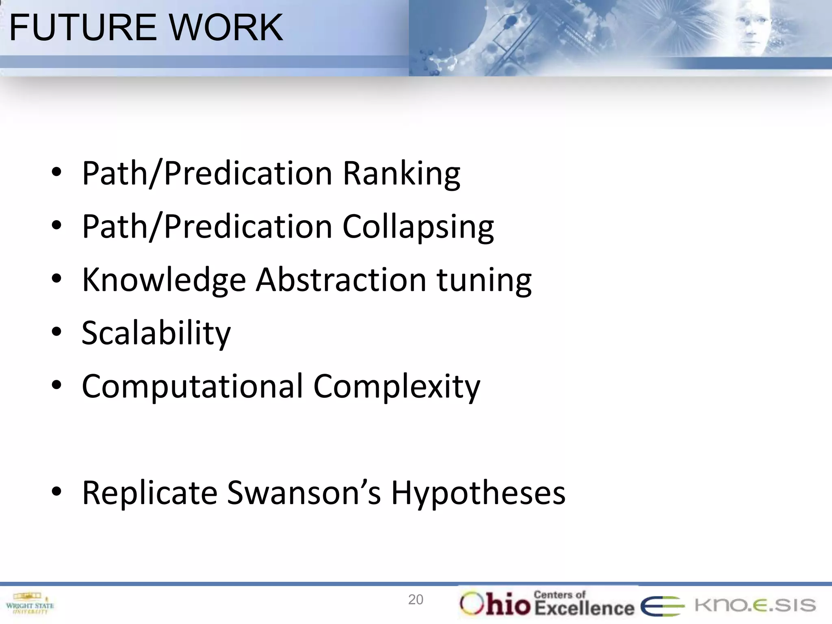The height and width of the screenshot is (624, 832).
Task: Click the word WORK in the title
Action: point(225,28)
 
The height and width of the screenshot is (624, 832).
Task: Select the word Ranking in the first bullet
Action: point(401,174)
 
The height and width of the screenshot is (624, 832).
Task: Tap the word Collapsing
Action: point(418,227)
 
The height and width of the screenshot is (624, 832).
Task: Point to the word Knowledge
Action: point(164,280)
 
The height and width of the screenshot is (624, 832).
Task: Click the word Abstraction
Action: point(341,280)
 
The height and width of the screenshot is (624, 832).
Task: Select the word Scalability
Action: point(156,334)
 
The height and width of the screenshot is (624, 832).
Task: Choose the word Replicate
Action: point(149,493)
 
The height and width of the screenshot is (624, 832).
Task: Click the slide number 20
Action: point(416,600)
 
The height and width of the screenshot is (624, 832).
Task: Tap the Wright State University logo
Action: point(30,603)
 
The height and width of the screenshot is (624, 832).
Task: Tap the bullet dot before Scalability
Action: point(56,332)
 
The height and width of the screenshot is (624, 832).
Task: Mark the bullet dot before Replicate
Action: point(56,492)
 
